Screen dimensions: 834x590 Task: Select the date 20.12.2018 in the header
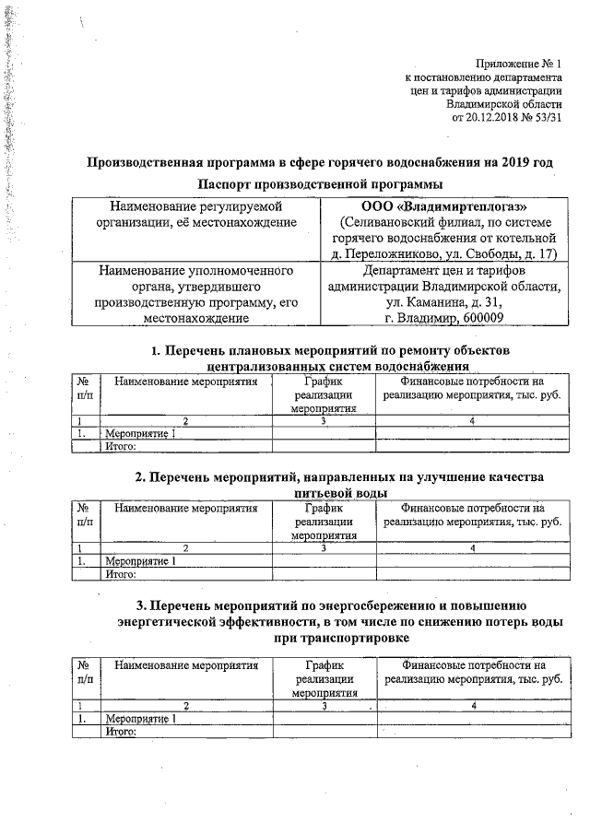pyautogui.click(x=499, y=119)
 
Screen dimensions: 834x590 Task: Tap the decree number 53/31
pyautogui.click(x=545, y=119)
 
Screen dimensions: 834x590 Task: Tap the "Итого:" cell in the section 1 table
pyautogui.click(x=122, y=447)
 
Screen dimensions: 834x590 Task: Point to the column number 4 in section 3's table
pyautogui.click(x=473, y=706)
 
